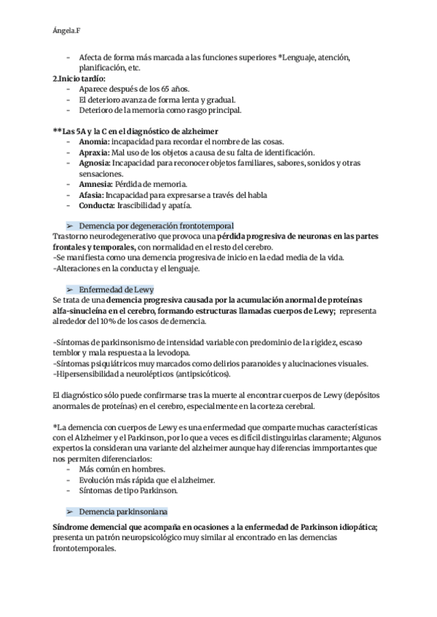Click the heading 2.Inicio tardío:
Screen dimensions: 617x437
pyautogui.click(x=79, y=78)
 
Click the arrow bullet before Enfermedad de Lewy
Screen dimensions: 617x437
pyautogui.click(x=71, y=290)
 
